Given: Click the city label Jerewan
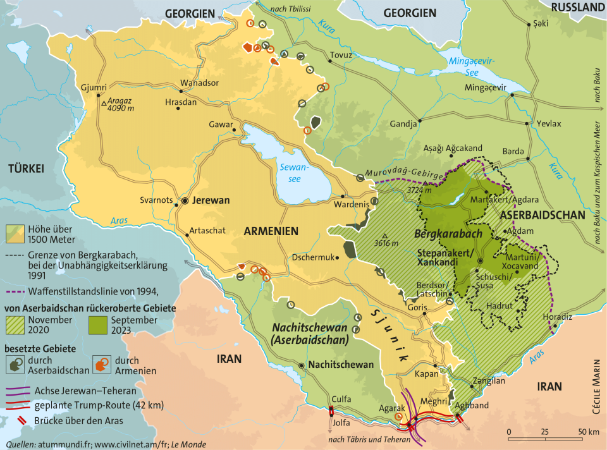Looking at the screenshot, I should (211, 200).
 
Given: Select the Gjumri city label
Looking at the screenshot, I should (94, 87).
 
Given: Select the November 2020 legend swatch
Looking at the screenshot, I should (17, 325).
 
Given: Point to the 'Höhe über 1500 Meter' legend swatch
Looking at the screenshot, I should (17, 234).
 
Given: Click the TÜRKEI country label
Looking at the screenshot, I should (25, 168).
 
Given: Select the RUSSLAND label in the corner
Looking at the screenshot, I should (578, 7).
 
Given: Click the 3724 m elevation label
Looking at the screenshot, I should (419, 190).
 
